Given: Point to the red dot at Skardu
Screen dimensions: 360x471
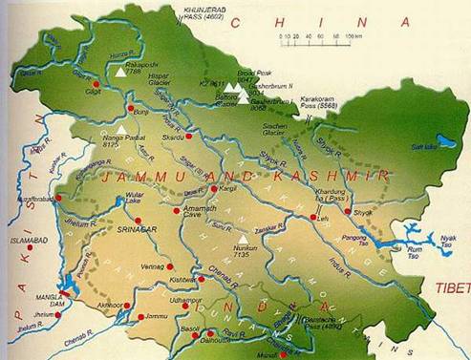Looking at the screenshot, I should click(x=189, y=136).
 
